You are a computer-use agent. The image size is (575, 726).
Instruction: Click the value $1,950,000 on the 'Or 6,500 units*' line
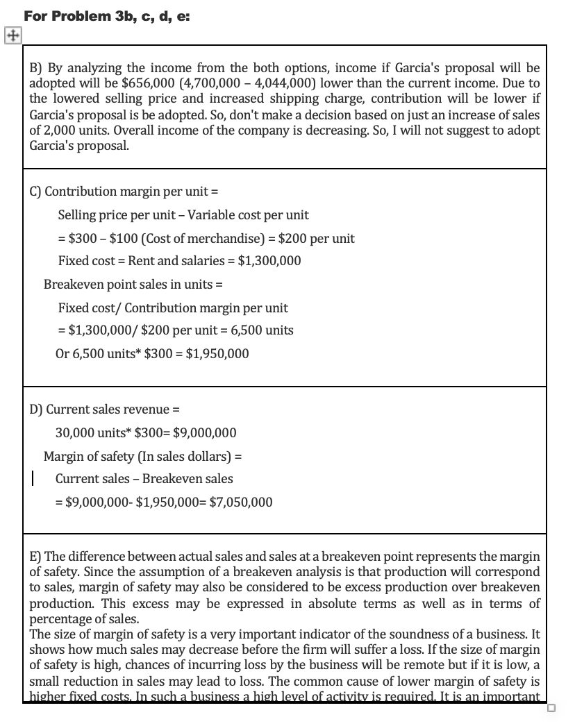(x=217, y=353)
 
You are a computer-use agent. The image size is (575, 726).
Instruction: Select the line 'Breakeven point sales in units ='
(x=133, y=285)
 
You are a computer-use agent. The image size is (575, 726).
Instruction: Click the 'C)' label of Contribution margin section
(x=35, y=192)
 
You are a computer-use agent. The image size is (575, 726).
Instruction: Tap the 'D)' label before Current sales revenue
(x=36, y=410)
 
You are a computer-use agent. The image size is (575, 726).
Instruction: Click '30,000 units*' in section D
(x=90, y=433)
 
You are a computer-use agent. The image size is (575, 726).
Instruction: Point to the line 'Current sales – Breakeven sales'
(x=144, y=478)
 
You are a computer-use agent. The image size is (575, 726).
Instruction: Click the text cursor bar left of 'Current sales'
(x=33, y=479)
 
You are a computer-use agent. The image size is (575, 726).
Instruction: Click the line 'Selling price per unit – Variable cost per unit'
(x=183, y=215)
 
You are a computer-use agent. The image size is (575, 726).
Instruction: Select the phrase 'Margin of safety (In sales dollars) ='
(x=142, y=456)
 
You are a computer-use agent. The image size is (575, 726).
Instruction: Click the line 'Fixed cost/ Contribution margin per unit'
(x=172, y=307)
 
